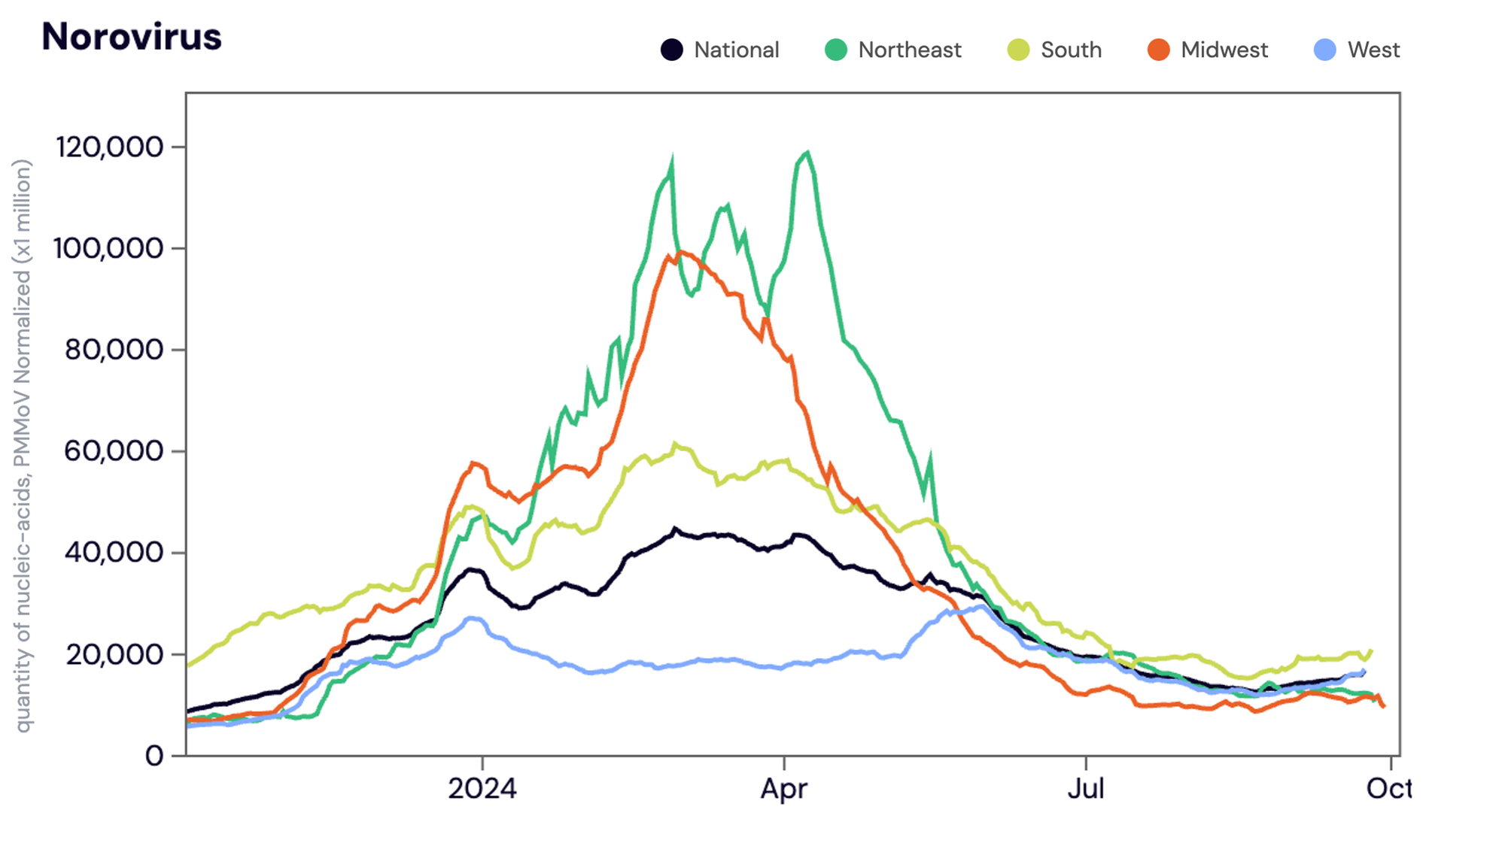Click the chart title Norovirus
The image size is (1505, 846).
pos(132,36)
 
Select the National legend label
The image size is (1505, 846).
pos(736,50)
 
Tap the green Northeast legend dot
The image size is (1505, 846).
pos(835,50)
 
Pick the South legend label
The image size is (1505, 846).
pos(1071,50)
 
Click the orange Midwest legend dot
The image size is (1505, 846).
pos(1158,50)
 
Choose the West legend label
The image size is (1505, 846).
pos(1373,50)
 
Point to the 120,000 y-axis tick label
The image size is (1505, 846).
pos(110,147)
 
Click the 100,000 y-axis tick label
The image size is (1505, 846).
pos(108,248)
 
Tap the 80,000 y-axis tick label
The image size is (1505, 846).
pos(114,350)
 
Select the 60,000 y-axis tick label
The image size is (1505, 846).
pos(114,451)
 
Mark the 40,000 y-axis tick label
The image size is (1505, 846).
pos(114,553)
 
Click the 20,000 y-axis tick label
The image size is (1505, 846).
pos(114,654)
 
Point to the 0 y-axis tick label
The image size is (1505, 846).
pos(154,755)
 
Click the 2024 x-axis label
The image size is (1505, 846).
pos(482,788)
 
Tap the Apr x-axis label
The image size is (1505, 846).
pos(784,788)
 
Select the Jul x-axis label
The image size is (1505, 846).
pos(1086,788)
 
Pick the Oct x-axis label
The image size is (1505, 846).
pos(1389,788)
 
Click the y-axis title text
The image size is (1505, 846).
pos(23,445)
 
